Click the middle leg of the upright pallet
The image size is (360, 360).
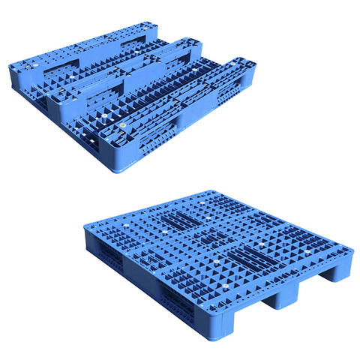tap(281, 297)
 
